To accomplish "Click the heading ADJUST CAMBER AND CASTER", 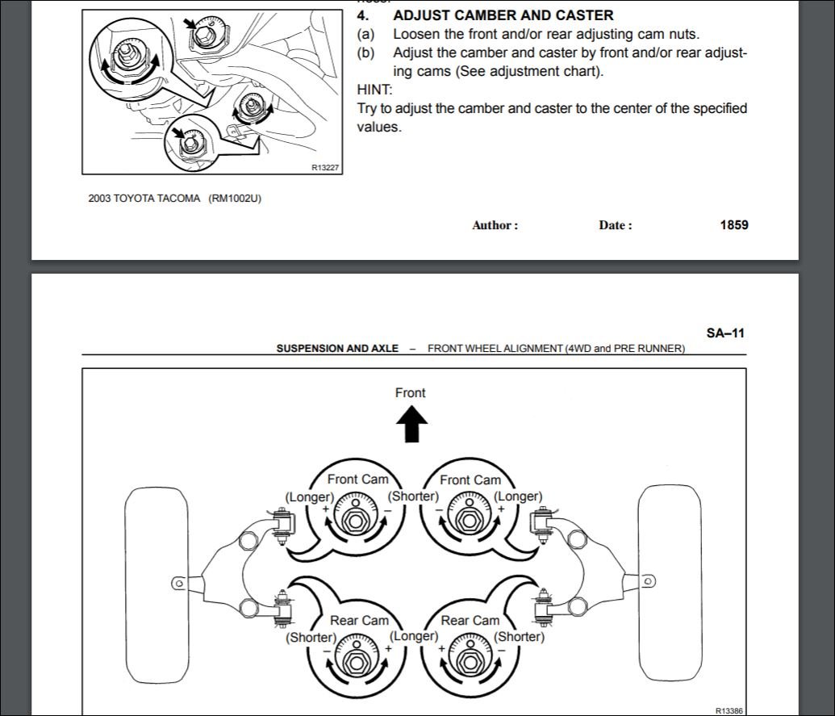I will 503,15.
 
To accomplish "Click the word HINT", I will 374,90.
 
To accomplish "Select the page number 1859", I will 733,224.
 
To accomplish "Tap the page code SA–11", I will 725,333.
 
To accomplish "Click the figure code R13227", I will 325,168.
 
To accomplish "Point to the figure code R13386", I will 730,710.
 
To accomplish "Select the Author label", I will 495,225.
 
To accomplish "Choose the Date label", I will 615,225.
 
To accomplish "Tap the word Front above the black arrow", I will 410,393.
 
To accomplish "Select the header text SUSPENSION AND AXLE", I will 337,349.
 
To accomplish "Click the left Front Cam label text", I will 357,479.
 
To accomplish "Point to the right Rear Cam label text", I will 470,621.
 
